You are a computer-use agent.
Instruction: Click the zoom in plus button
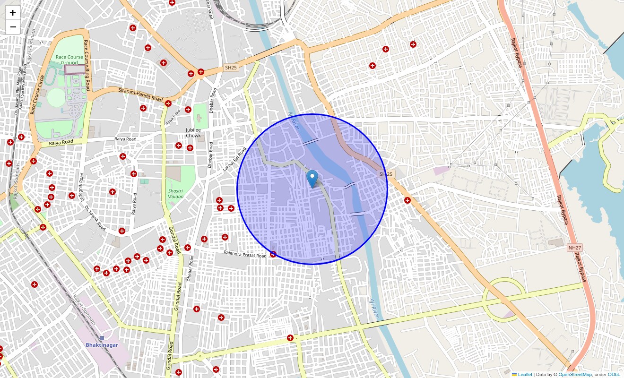click(x=13, y=13)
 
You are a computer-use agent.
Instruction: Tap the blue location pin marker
click(x=312, y=179)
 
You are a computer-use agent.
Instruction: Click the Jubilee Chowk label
click(x=193, y=133)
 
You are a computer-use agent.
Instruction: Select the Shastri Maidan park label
click(x=175, y=193)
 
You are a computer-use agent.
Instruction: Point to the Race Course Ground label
click(x=69, y=60)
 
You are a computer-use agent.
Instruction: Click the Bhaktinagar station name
click(x=102, y=345)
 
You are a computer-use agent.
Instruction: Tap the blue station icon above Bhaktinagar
click(x=102, y=338)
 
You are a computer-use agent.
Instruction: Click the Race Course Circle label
click(x=36, y=94)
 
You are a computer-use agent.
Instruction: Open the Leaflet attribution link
click(x=525, y=374)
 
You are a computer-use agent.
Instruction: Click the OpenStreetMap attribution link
click(x=575, y=374)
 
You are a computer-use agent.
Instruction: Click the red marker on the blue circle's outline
click(x=273, y=254)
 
